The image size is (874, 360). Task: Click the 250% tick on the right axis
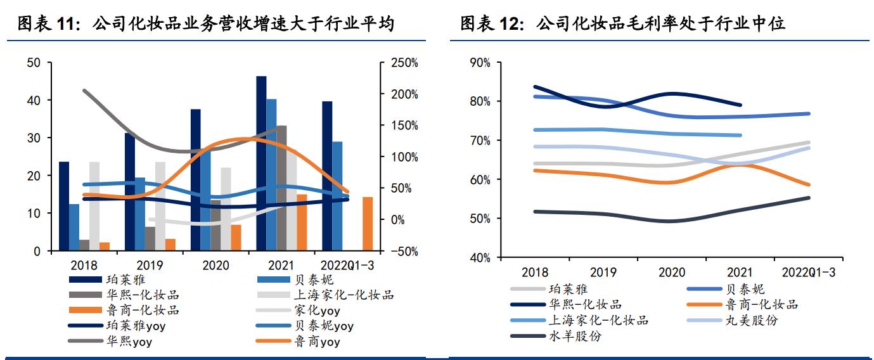click(x=403, y=63)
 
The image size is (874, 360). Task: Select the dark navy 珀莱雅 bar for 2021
click(x=261, y=164)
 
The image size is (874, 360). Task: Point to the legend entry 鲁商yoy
click(x=317, y=342)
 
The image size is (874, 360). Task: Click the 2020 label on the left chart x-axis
click(x=215, y=266)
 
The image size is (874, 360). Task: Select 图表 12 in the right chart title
click(x=485, y=25)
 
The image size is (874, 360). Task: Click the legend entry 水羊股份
click(x=574, y=336)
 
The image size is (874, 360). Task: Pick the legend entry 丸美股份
click(x=751, y=320)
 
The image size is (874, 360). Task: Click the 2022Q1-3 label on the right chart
click(x=808, y=273)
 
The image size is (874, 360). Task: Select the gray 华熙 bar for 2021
click(x=281, y=188)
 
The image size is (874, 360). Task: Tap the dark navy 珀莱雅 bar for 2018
click(x=64, y=206)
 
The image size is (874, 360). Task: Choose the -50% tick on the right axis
click(x=403, y=251)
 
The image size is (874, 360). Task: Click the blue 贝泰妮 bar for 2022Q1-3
click(x=337, y=196)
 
